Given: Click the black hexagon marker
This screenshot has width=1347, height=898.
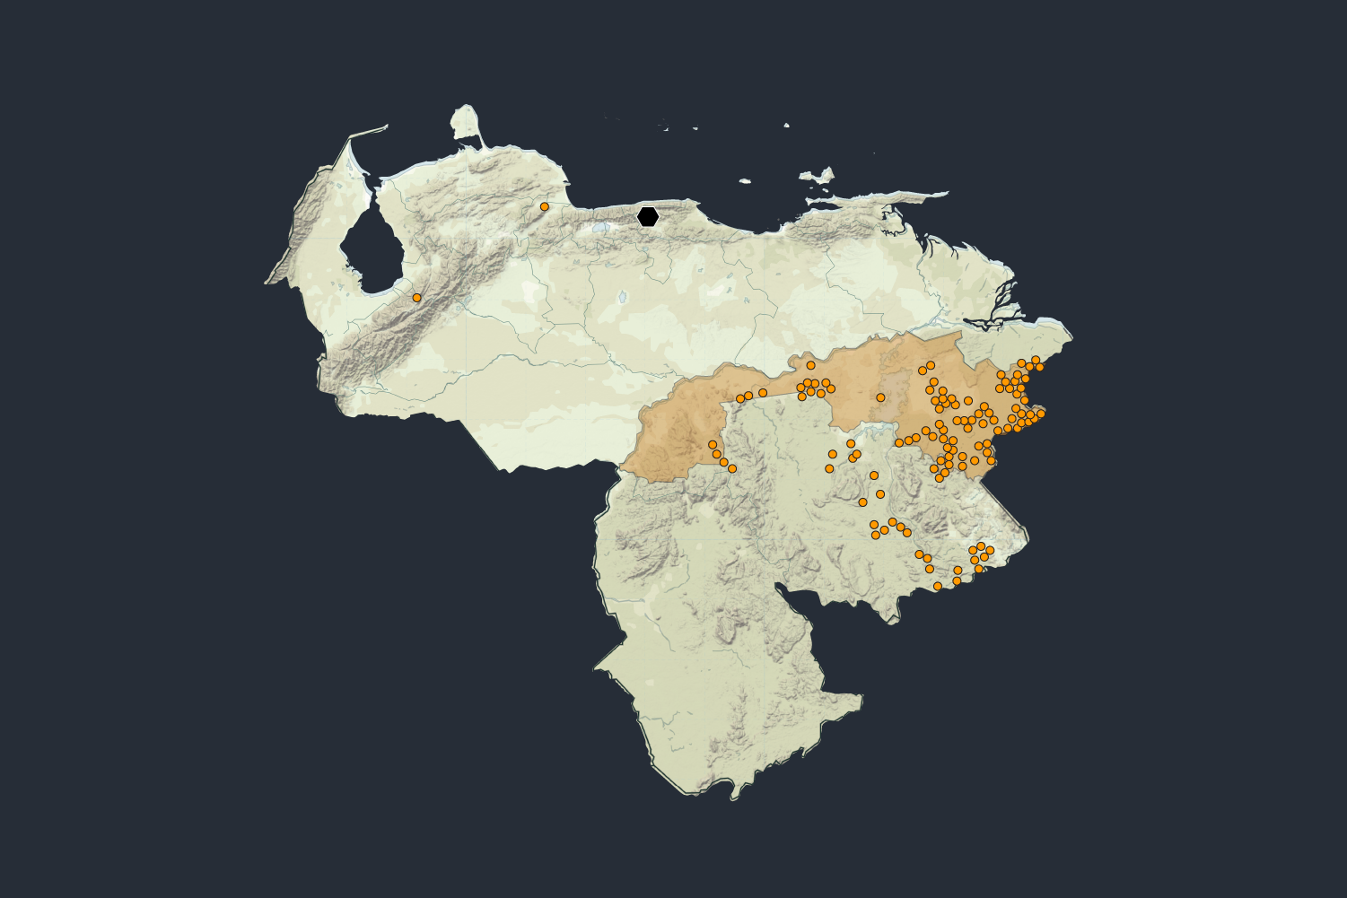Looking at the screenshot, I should pos(648,216).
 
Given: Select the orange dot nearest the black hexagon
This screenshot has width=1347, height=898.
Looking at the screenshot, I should pos(544,206).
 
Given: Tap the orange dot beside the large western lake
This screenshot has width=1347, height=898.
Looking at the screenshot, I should pos(416,297).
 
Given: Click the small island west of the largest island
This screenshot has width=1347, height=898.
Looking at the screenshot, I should pos(745,181).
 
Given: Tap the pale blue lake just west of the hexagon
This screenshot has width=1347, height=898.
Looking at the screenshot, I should pos(600,227).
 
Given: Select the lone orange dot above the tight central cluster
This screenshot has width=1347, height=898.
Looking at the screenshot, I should pos(810,365).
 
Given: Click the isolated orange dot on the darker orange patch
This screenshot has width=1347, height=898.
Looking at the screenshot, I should pos(880,397).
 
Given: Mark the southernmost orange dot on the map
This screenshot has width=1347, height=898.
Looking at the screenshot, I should pos(938,586).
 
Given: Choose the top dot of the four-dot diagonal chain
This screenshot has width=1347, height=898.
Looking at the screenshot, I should pos(713,444).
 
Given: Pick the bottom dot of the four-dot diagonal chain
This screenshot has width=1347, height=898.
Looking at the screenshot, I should pos(732,468).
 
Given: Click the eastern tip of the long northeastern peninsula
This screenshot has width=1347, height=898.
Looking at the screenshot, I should pos(946,192).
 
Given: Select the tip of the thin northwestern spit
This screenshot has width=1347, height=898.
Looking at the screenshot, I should pos(387,126).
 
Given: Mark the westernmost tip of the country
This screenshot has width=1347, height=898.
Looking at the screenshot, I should pos(266,283).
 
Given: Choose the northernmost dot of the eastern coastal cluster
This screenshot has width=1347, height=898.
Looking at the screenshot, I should pos(1036,360).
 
